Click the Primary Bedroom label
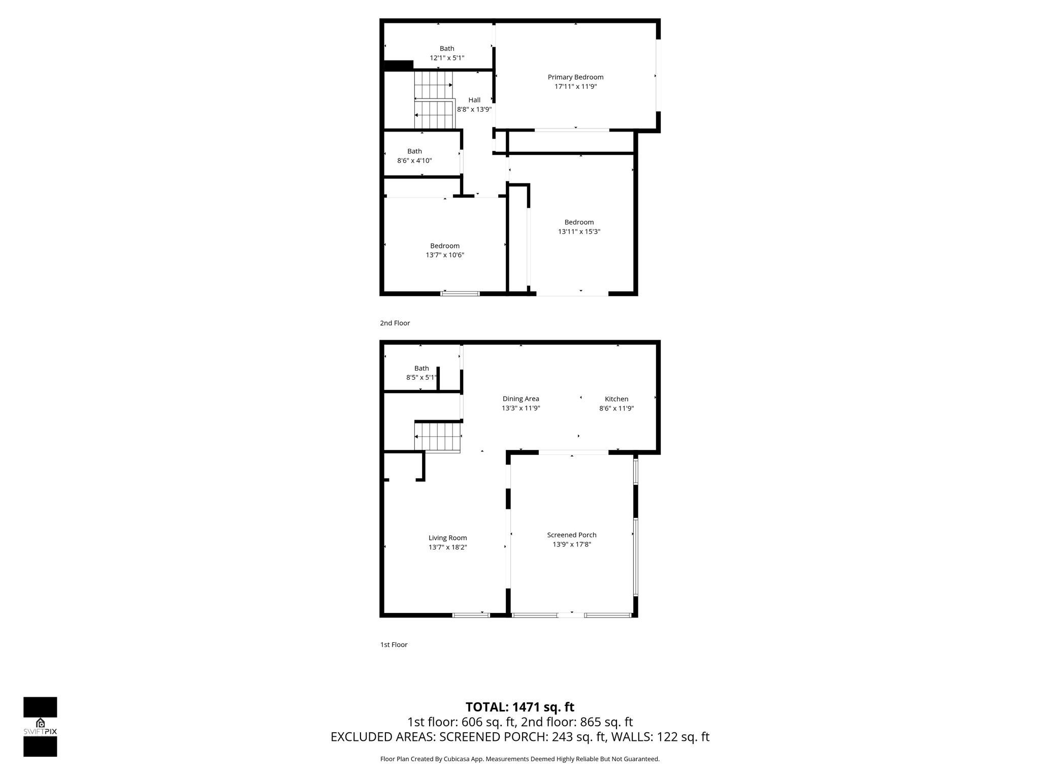click(x=575, y=77)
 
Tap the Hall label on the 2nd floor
click(x=474, y=100)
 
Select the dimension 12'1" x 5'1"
click(x=447, y=58)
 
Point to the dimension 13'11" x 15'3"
click(x=579, y=232)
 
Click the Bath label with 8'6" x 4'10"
click(x=414, y=151)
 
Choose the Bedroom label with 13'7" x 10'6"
click(x=445, y=246)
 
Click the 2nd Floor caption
click(x=395, y=323)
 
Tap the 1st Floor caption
click(x=394, y=644)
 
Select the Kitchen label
click(x=616, y=399)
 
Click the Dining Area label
click(x=521, y=399)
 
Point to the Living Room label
click(x=447, y=538)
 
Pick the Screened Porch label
click(x=572, y=535)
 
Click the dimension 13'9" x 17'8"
click(x=572, y=544)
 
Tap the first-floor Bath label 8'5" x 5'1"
click(x=421, y=369)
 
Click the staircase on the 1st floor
click(x=438, y=437)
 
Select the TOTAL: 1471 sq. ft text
click(x=519, y=707)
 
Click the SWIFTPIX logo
click(x=40, y=727)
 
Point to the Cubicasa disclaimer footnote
click(x=519, y=759)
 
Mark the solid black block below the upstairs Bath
click(x=398, y=66)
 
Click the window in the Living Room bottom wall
click(x=471, y=615)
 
